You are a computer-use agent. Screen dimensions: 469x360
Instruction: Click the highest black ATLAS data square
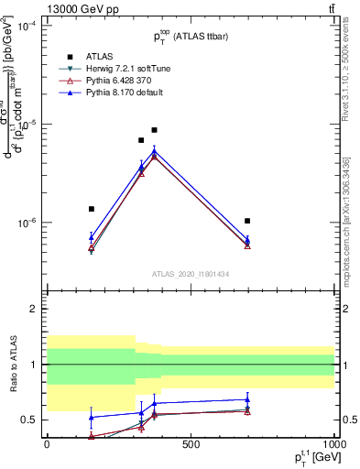pos(154,130)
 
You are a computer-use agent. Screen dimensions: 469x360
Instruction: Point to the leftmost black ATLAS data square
pos(91,209)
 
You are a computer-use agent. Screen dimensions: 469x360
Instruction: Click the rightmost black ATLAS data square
pos(247,221)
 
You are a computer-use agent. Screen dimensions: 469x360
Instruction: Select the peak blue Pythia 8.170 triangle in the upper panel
pos(154,151)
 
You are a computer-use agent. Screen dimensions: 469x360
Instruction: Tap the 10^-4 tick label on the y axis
pos(25,26)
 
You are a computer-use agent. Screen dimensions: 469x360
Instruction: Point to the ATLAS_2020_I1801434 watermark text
pos(190,275)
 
